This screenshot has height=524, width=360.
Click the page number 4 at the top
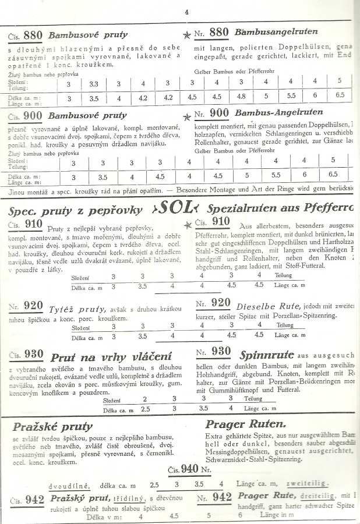tap(186, 11)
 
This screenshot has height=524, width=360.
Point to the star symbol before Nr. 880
tap(187, 35)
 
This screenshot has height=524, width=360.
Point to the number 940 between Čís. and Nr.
tap(189, 469)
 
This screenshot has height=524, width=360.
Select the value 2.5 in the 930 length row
tap(145, 409)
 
